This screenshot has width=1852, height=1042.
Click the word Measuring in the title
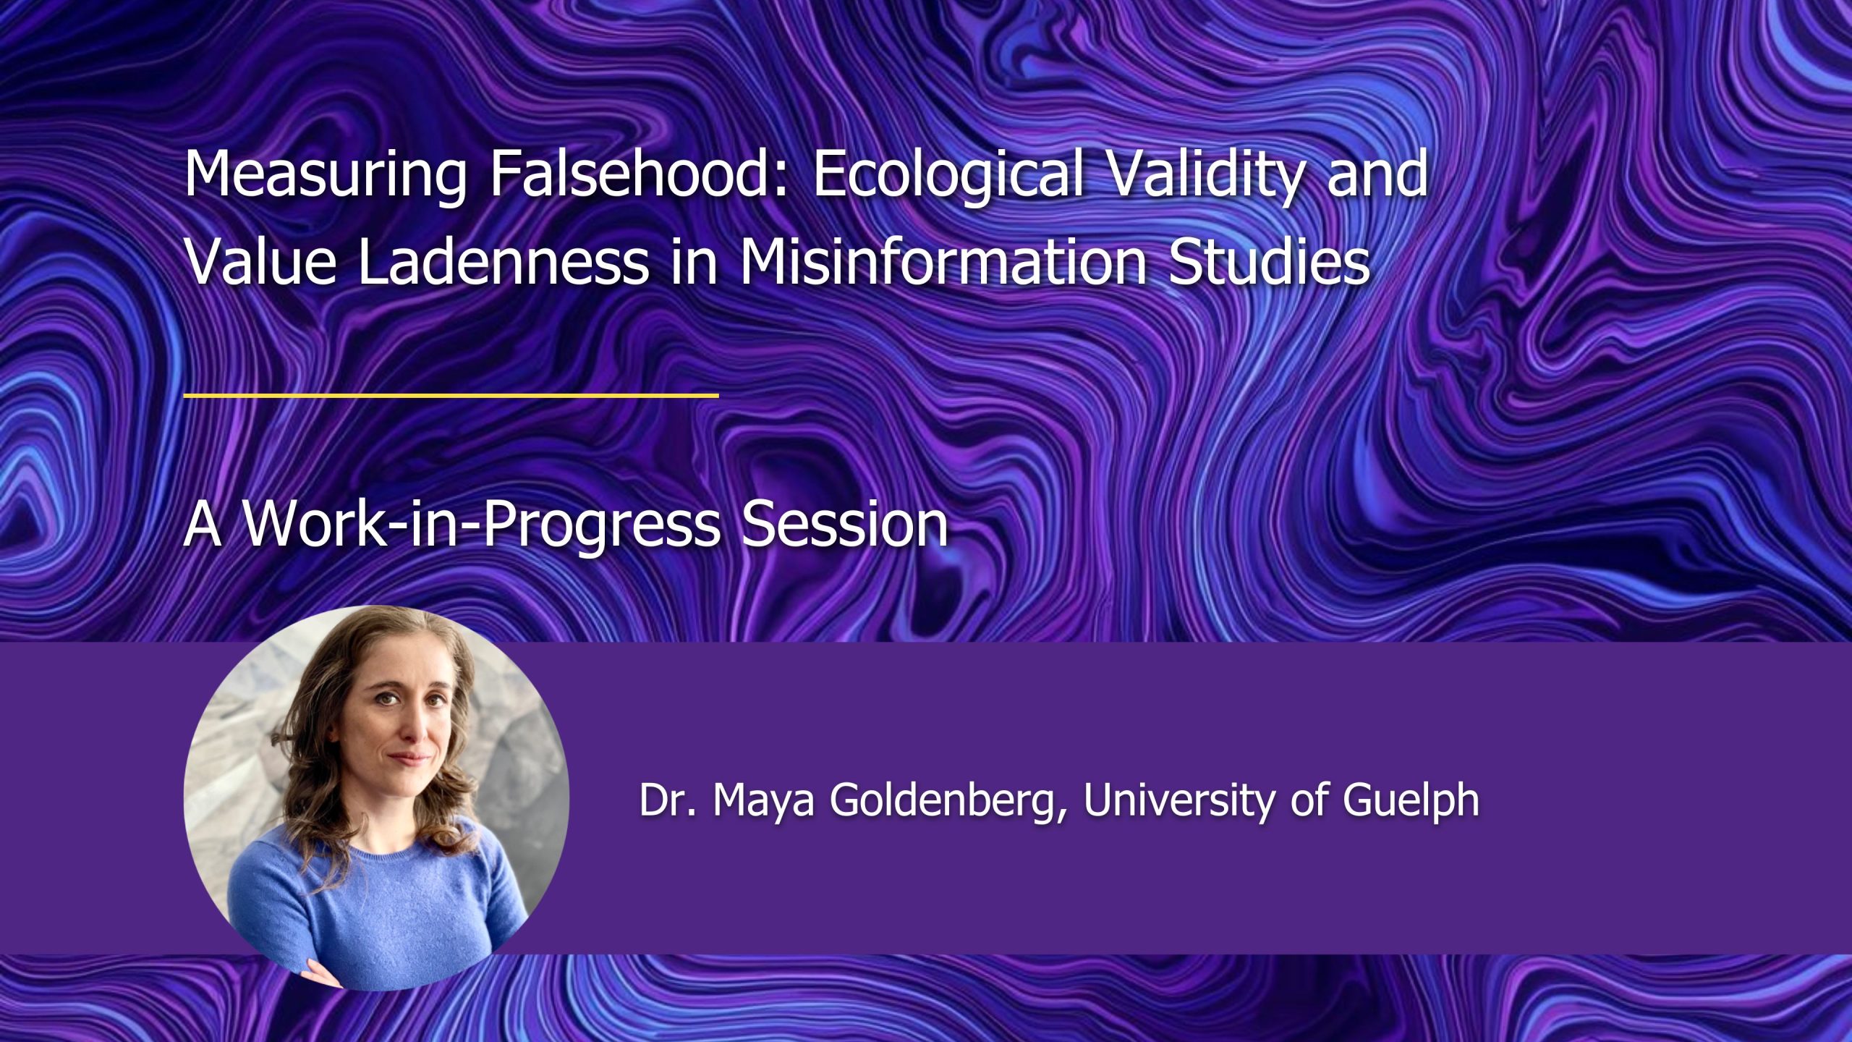click(326, 177)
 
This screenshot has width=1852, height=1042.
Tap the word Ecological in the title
click(948, 177)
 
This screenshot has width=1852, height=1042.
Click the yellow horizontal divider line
click(451, 396)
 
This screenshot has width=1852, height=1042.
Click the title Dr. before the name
click(668, 800)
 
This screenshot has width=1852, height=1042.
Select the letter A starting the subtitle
click(203, 524)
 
